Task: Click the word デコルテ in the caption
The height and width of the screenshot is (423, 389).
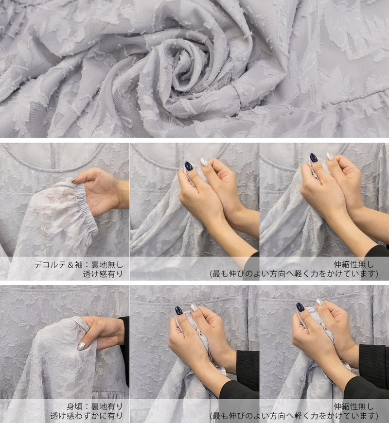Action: click(50, 265)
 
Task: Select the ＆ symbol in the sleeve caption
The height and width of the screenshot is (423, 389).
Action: click(71, 265)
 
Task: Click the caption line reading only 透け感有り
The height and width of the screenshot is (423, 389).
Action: click(103, 274)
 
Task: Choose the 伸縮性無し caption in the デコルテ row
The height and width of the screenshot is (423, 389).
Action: click(354, 264)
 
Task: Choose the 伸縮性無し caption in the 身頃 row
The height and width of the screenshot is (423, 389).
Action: click(354, 406)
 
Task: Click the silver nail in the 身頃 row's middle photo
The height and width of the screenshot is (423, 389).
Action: click(194, 307)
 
